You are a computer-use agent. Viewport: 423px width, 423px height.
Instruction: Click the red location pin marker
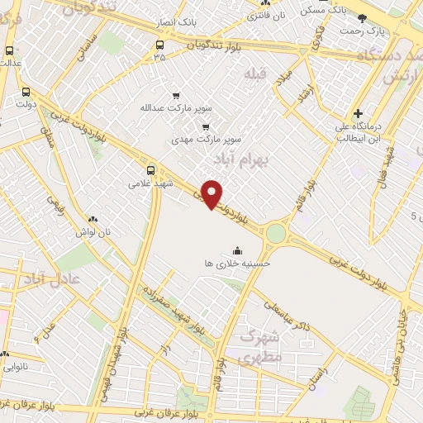tap(213, 193)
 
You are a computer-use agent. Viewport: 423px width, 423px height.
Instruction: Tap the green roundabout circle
tap(276, 235)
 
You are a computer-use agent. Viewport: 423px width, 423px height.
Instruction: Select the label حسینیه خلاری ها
tap(239, 262)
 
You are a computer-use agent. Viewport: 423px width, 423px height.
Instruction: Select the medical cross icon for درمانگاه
tap(357, 114)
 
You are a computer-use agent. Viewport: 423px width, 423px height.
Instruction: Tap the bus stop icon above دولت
tap(26, 93)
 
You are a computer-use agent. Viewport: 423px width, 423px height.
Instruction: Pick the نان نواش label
tap(92, 233)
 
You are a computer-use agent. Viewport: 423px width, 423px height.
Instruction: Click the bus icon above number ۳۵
tap(159, 45)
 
